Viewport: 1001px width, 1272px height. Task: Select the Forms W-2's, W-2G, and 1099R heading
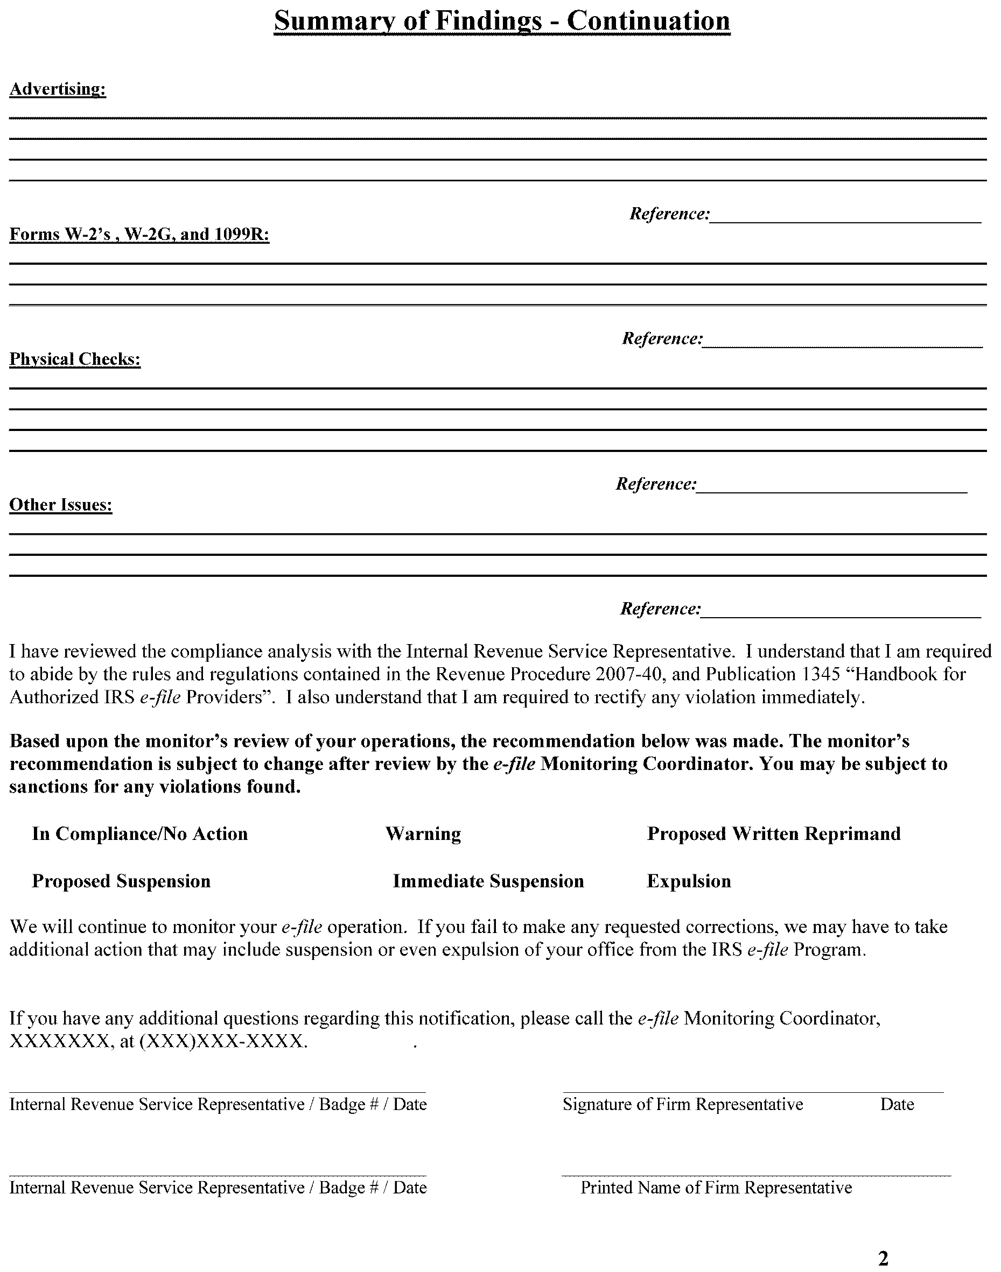click(139, 234)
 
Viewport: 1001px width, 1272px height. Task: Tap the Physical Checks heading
click(75, 359)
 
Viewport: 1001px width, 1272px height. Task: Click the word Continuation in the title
click(648, 21)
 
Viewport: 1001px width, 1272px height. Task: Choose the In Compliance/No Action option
click(139, 833)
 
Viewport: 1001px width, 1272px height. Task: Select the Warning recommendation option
click(423, 833)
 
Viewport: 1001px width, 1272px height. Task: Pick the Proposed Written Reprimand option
click(774, 833)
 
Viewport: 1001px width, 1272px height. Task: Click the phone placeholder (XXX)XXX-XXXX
click(223, 1041)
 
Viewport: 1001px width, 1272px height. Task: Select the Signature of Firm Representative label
click(683, 1105)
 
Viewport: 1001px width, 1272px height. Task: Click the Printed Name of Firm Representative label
click(716, 1188)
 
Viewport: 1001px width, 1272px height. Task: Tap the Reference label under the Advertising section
click(669, 214)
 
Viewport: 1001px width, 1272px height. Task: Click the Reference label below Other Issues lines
click(661, 609)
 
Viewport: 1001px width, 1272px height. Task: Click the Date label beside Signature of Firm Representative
click(897, 1105)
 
